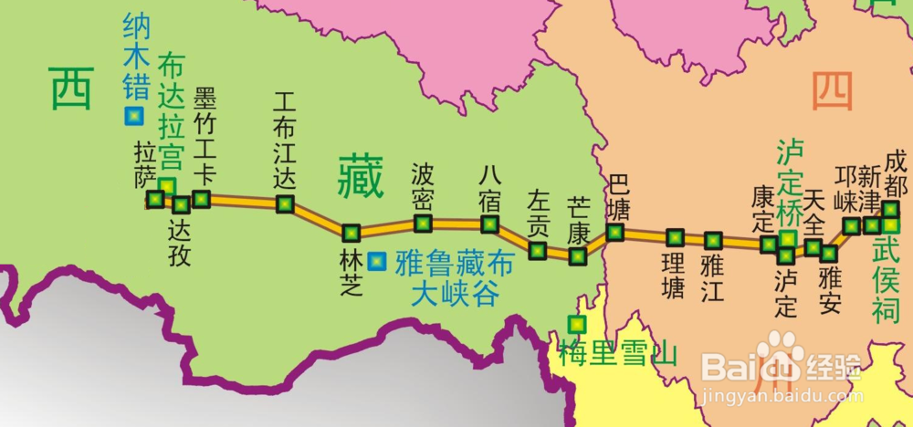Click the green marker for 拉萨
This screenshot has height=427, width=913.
point(155,198)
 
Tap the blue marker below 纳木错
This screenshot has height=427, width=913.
point(133,116)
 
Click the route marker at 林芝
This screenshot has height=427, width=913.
point(352,233)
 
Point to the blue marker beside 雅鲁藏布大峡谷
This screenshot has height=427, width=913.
point(376,262)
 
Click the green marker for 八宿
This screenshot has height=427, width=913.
point(490,224)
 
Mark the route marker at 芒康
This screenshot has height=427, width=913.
point(577,255)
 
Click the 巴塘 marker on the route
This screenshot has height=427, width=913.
point(615,232)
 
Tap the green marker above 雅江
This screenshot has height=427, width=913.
point(713,241)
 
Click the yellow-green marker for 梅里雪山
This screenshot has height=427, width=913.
point(576,323)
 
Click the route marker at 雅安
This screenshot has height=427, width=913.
point(829,253)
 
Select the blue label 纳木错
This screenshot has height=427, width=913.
point(135,57)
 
